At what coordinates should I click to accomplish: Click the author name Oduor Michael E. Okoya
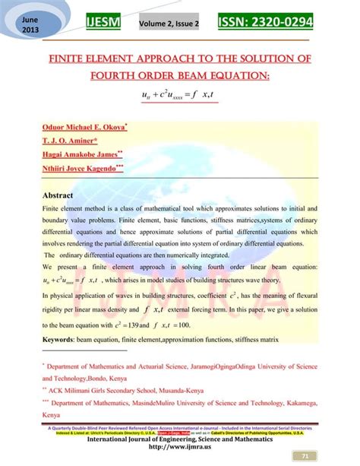click(x=84, y=127)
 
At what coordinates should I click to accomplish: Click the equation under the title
click(x=180, y=94)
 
